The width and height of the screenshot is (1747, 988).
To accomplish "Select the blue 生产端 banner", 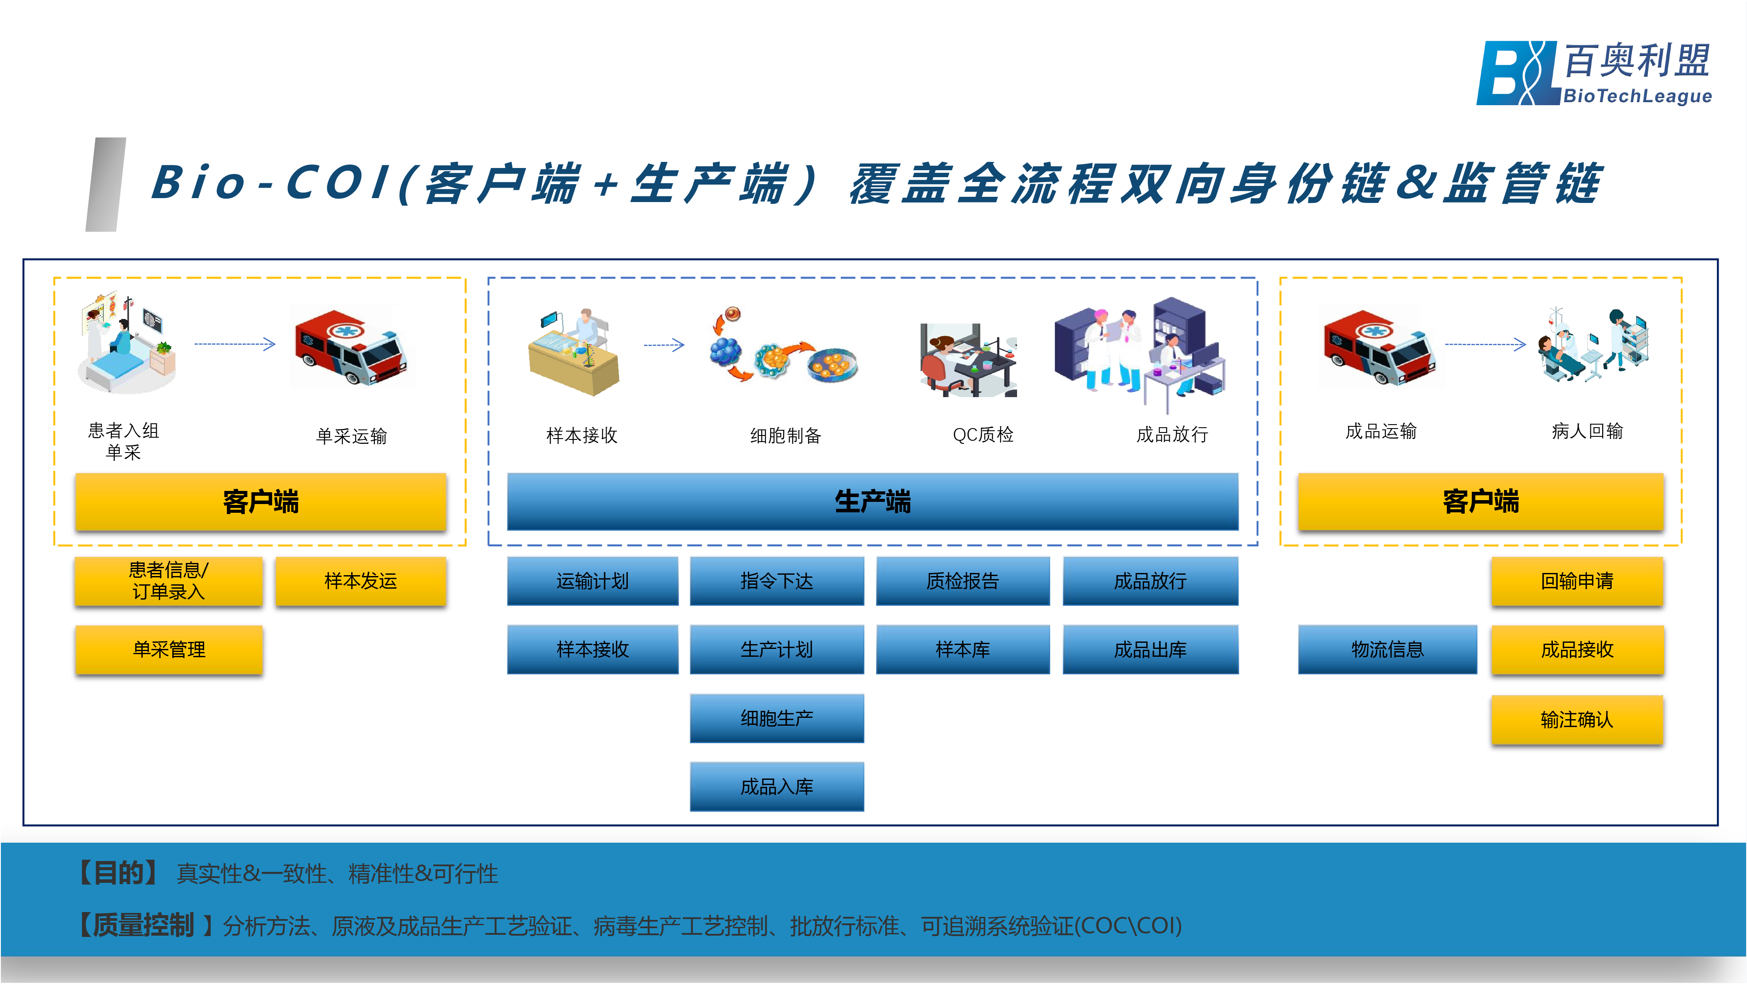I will click(873, 501).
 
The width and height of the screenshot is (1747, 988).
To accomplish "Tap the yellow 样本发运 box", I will click(360, 581).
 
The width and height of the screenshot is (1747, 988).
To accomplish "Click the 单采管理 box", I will click(169, 649).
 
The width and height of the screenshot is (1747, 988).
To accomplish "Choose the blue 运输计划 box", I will click(592, 581).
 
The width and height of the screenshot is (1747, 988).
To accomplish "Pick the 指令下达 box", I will click(777, 581).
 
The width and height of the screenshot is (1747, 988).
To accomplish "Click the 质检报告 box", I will click(963, 581).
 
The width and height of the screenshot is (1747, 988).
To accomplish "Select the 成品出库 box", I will click(1150, 649).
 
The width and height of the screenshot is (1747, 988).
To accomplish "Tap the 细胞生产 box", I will click(777, 718).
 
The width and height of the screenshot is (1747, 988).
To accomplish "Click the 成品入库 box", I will click(777, 786).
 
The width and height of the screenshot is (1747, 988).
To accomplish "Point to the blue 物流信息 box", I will click(1387, 649).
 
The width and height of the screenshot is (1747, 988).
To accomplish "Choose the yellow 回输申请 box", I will click(1577, 581).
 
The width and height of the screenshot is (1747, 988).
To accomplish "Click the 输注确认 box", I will click(1577, 719).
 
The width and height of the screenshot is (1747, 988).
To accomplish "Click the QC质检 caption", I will click(983, 434).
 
